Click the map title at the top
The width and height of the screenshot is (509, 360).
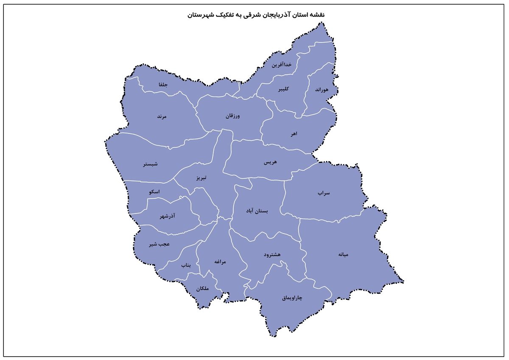(x=256, y=15)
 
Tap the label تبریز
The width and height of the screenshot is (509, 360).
(x=201, y=178)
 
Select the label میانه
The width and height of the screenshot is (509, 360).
(x=343, y=255)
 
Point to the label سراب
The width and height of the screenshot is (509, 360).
(x=324, y=193)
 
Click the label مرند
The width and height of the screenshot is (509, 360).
(x=162, y=116)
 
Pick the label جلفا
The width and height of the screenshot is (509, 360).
(x=163, y=84)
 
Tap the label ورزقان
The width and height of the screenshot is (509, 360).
(x=233, y=115)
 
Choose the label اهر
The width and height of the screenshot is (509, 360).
(x=294, y=134)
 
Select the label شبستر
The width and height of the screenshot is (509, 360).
(x=150, y=164)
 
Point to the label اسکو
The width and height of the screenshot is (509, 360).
(x=154, y=192)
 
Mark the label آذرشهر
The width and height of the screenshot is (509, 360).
(x=168, y=217)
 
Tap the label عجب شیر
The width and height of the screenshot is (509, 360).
(x=159, y=244)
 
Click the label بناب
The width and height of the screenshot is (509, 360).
(x=186, y=265)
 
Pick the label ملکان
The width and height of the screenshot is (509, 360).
(x=203, y=289)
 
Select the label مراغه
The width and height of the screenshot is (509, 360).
(x=220, y=262)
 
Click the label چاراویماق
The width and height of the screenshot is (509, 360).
(x=292, y=298)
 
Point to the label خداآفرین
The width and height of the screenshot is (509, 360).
(x=282, y=65)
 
